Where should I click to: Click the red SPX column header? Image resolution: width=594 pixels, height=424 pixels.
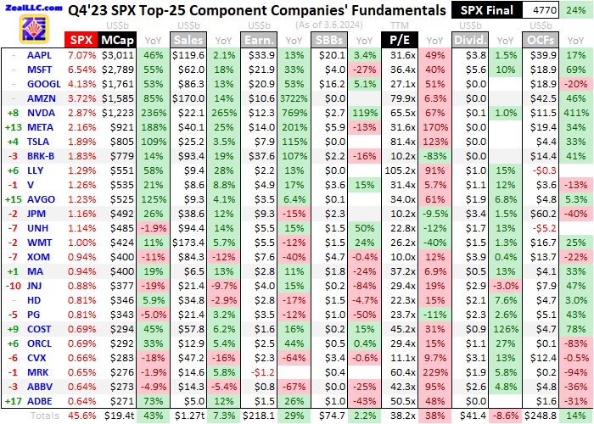tap(81, 40)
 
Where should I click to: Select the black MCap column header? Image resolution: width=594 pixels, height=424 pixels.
tap(115, 40)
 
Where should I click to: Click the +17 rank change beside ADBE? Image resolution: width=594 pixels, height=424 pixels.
tap(14, 402)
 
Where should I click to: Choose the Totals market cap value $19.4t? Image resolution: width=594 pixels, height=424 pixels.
tap(117, 416)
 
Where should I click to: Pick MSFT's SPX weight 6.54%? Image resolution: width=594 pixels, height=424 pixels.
tap(81, 70)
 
